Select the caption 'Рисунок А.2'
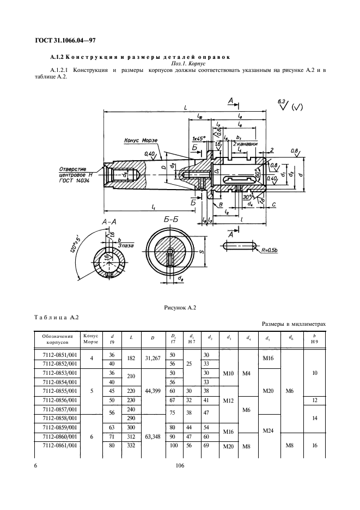180,308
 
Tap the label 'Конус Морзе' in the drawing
141,140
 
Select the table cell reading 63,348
152,436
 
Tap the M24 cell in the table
268,430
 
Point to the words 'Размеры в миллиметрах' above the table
294,324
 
